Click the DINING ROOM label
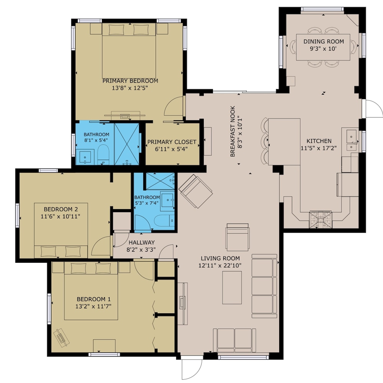click(324, 41)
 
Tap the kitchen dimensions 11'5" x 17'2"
click(319, 148)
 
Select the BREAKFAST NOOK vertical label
click(232, 131)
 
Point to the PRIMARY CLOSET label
click(172, 142)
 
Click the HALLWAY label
click(142, 242)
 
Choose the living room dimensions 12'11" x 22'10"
click(220, 265)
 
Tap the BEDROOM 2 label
click(61, 210)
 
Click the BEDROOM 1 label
click(94, 299)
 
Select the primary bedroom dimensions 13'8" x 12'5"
click(130, 88)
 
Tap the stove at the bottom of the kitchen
click(321, 219)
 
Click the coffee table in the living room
click(232, 288)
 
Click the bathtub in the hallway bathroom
click(164, 221)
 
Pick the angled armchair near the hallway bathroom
click(196, 191)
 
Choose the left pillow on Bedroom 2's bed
click(48, 251)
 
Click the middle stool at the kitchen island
click(265, 141)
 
